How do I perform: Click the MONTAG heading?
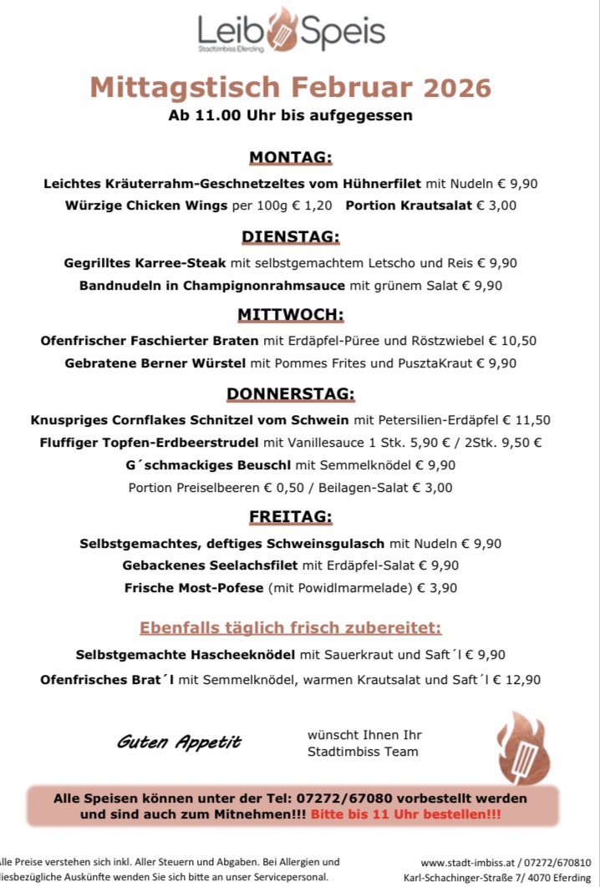[x=291, y=158]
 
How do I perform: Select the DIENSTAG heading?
[x=291, y=236]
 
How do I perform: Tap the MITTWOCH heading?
[x=291, y=315]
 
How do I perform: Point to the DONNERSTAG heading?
[x=291, y=393]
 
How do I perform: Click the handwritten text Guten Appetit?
[x=179, y=741]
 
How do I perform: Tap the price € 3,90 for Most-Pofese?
[x=436, y=588]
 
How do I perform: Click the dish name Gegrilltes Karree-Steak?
[x=145, y=263]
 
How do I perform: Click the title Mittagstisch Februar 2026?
[x=290, y=87]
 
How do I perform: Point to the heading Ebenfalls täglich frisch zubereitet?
[x=290, y=627]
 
